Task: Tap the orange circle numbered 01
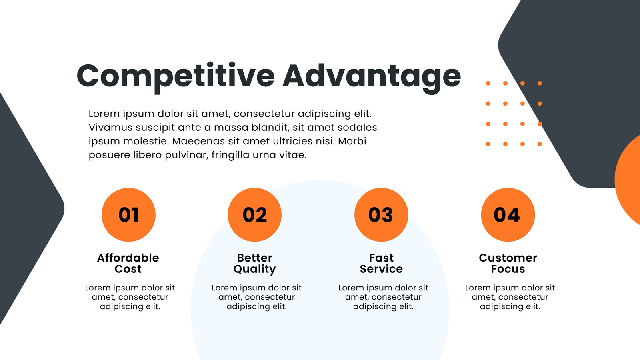point(128,214)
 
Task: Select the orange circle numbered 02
point(254,214)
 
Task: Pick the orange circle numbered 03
point(381,214)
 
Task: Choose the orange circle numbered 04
point(508,214)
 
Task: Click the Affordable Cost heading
point(128,263)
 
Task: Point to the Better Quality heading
point(254,264)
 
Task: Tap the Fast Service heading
point(381,263)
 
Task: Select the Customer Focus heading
point(508,263)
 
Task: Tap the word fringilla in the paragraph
point(230,155)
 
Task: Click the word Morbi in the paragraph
point(352,141)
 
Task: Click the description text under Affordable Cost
point(130,297)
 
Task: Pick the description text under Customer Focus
point(510,297)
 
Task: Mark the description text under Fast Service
point(383,297)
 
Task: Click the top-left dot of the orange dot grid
point(488,84)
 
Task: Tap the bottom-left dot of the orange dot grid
point(488,144)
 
